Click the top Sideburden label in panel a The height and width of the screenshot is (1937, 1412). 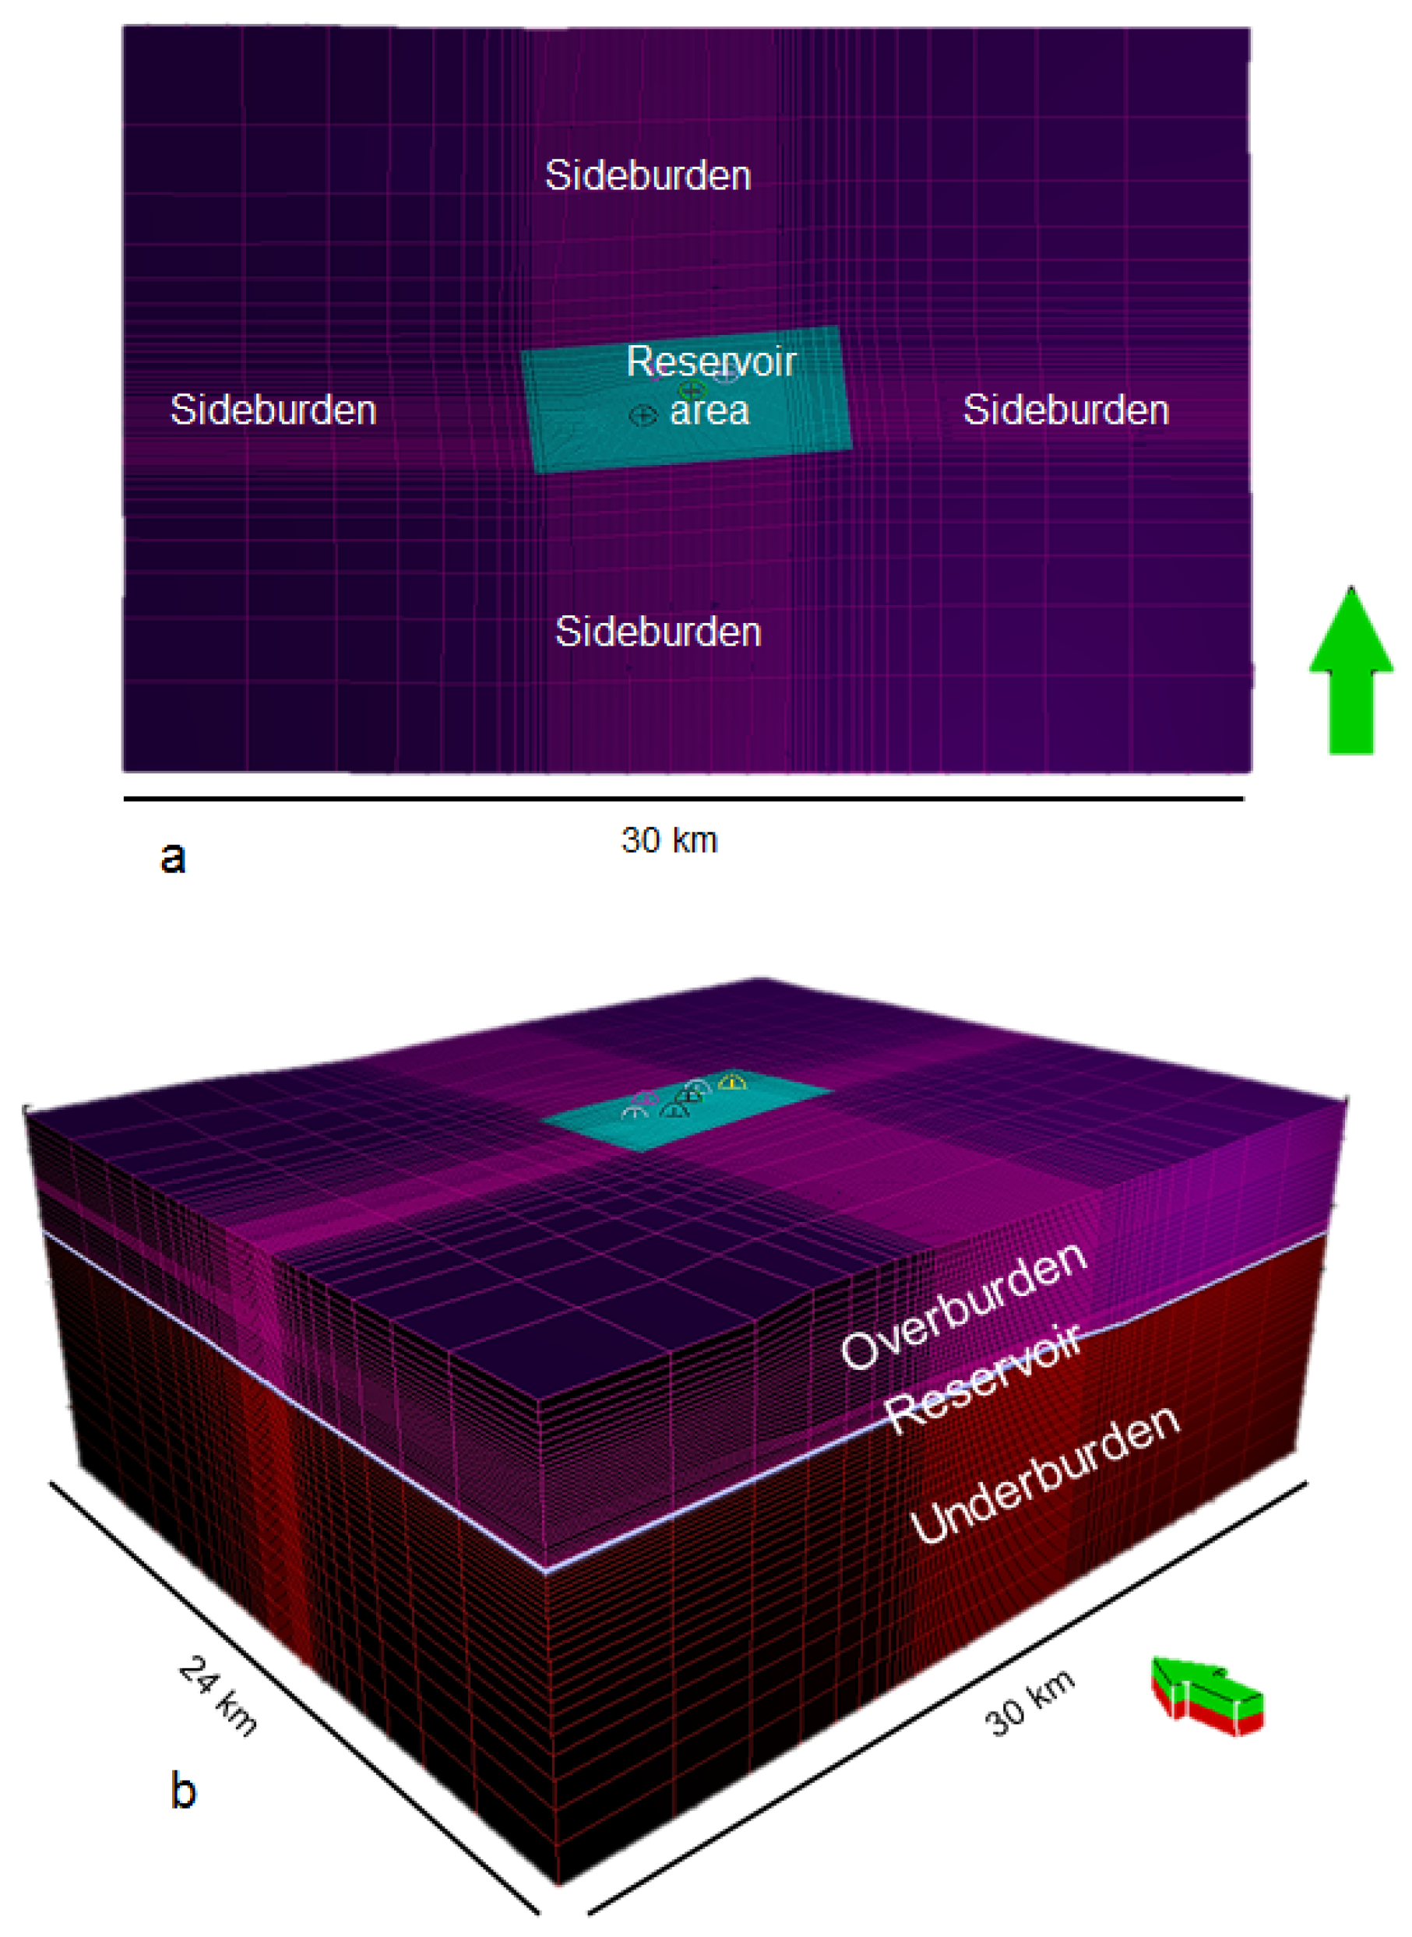648,176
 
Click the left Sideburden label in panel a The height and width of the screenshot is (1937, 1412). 273,410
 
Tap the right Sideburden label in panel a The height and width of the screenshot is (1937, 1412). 1066,410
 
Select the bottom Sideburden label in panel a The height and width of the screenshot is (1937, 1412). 658,632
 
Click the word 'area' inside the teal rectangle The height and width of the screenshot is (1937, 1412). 710,411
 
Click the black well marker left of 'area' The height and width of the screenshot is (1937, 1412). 643,415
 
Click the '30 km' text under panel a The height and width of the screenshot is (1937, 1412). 669,840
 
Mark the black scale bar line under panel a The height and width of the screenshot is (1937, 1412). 684,799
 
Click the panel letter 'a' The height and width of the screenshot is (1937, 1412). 174,857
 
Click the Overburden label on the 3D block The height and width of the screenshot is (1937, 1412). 964,1305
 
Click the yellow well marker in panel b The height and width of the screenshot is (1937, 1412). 733,1082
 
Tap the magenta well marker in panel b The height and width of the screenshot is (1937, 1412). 646,1097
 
